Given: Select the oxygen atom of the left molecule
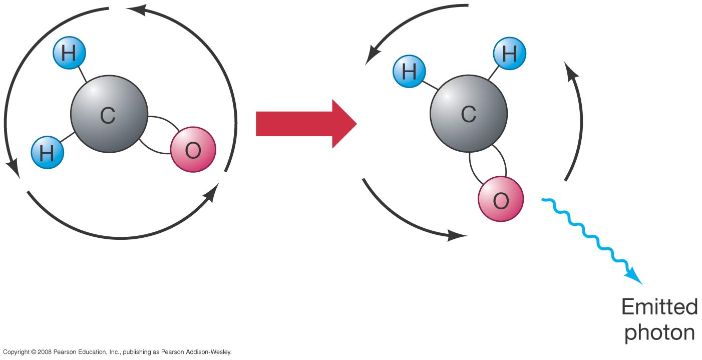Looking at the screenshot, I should point(193,150).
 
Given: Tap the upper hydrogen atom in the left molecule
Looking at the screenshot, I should point(69,53).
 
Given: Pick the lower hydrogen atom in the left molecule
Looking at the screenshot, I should point(47,152).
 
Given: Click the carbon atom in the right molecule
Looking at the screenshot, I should point(468,115).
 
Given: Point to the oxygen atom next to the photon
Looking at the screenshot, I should point(501,200).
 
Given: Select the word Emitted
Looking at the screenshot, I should point(659,306).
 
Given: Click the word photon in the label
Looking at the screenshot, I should point(659,333).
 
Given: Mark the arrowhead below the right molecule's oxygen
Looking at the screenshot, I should point(457,235).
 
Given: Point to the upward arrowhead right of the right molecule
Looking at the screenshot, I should point(570,70).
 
